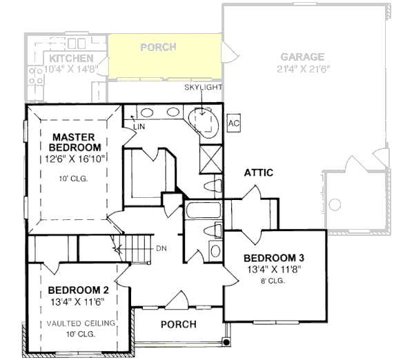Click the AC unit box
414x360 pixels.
(234, 123)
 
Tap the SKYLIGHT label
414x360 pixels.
(203, 87)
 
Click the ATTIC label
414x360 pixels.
(259, 172)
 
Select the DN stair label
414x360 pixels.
(161, 248)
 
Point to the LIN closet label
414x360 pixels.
(139, 127)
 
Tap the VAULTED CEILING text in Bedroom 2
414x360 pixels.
(81, 323)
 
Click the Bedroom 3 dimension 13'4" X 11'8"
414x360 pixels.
(275, 270)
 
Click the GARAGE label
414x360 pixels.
(302, 57)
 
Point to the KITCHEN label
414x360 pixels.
(71, 58)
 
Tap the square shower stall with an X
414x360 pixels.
(210, 159)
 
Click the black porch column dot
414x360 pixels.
(226, 342)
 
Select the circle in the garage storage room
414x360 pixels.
(335, 204)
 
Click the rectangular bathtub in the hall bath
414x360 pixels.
(203, 210)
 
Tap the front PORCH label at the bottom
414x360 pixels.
(179, 324)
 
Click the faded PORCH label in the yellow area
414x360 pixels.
(158, 48)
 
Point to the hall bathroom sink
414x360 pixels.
(216, 251)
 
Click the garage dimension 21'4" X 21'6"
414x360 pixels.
(304, 69)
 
